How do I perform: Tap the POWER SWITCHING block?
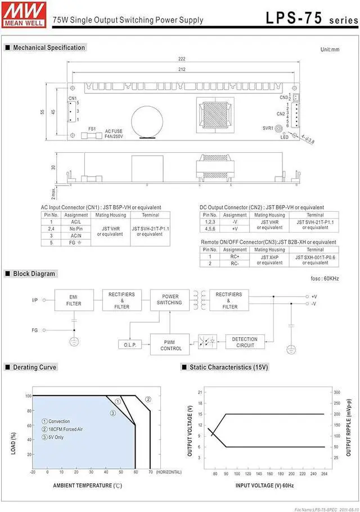(x=169, y=300)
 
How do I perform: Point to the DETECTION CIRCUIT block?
(x=245, y=342)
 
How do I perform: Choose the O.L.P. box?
(x=130, y=345)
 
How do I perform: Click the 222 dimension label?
(x=182, y=59)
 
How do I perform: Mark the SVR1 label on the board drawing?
(x=268, y=128)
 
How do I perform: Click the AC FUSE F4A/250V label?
(x=114, y=134)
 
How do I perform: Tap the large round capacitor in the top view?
(x=147, y=119)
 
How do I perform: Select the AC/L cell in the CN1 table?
(x=76, y=222)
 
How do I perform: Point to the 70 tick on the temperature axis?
(x=151, y=472)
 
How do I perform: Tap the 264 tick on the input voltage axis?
(x=323, y=474)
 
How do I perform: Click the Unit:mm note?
(x=330, y=50)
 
